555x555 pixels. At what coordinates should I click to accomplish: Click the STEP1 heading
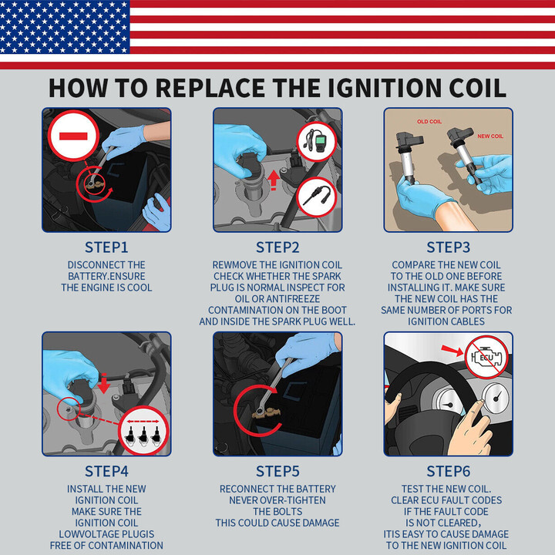pyautogui.click(x=106, y=247)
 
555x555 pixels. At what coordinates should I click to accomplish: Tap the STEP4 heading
pyautogui.click(x=106, y=471)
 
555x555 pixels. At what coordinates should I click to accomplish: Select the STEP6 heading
pyautogui.click(x=448, y=471)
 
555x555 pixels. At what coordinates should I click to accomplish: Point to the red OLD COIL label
pyautogui.click(x=429, y=122)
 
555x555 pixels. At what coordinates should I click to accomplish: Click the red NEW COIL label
pyautogui.click(x=490, y=136)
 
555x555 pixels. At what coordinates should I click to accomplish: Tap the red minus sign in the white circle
pyautogui.click(x=73, y=136)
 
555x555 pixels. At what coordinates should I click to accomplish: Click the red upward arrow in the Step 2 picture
pyautogui.click(x=273, y=180)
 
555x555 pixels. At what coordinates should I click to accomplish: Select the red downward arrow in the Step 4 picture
pyautogui.click(x=104, y=383)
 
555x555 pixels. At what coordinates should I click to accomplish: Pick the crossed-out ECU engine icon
pyautogui.click(x=486, y=358)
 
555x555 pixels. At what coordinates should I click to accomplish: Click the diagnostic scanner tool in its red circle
pyautogui.click(x=316, y=142)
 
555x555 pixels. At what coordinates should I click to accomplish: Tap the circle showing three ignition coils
pyautogui.click(x=143, y=430)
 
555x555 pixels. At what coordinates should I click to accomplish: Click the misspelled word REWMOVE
pyautogui.click(x=234, y=264)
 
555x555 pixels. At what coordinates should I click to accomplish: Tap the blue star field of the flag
pyautogui.click(x=65, y=27)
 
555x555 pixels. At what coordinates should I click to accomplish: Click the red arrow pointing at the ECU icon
pyautogui.click(x=452, y=351)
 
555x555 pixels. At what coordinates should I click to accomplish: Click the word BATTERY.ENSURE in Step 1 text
pyautogui.click(x=106, y=276)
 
